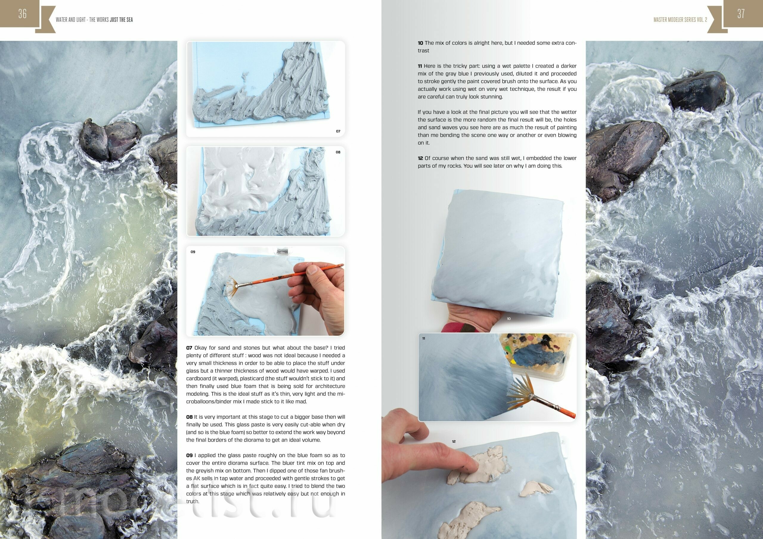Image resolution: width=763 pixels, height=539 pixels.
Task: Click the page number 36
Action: [22, 14]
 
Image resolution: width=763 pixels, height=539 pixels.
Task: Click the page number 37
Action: [741, 14]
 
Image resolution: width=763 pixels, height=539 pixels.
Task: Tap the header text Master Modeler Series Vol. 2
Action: [680, 20]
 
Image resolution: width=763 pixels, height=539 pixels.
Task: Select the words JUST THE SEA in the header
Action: [121, 20]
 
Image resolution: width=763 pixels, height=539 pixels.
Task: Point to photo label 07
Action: [338, 131]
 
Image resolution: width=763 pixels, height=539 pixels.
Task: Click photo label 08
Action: [338, 152]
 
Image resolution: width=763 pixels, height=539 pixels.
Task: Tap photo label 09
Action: [193, 252]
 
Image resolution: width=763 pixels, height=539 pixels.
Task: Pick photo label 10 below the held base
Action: [509, 318]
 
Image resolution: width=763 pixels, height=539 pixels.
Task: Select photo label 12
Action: [454, 441]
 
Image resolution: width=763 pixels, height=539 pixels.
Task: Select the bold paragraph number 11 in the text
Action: [420, 66]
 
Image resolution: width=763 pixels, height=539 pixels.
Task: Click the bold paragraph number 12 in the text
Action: [420, 158]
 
